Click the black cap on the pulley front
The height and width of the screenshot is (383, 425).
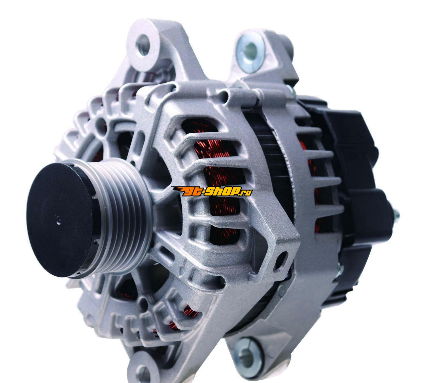pyautogui.click(x=61, y=220)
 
